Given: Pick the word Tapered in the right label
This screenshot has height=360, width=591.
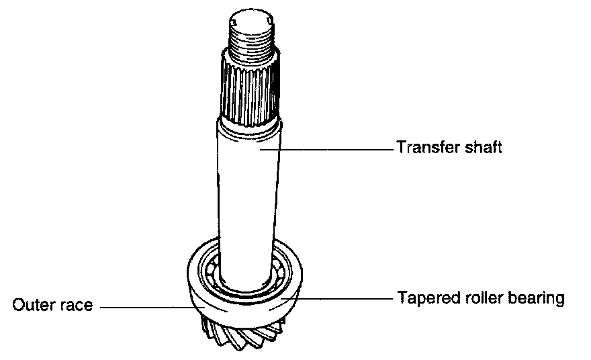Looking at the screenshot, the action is click(421, 298).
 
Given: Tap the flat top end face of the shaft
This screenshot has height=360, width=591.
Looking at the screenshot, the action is click(252, 20).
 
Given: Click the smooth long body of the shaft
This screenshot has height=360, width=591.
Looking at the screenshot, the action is click(247, 195).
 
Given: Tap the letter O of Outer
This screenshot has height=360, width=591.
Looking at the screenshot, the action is click(18, 306).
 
